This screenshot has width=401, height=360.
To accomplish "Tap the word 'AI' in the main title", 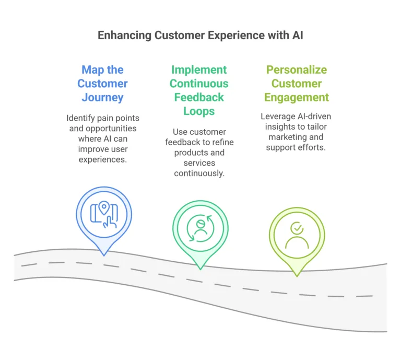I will (x=296, y=36).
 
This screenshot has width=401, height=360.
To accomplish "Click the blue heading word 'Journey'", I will (x=102, y=97).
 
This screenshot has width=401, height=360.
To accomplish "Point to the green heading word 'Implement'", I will (x=198, y=70).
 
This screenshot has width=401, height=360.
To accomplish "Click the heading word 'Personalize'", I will (x=296, y=70).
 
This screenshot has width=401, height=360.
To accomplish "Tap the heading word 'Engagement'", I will (x=297, y=97).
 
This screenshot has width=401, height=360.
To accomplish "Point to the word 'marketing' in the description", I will (x=287, y=137).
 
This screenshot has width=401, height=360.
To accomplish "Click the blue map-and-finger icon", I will (x=104, y=215).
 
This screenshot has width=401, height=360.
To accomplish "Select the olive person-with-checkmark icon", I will (x=297, y=235).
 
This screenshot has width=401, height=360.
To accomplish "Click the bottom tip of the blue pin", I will (x=104, y=255).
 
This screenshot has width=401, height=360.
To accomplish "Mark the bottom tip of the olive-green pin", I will (x=297, y=275).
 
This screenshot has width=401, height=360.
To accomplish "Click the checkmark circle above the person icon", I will (x=297, y=228).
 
